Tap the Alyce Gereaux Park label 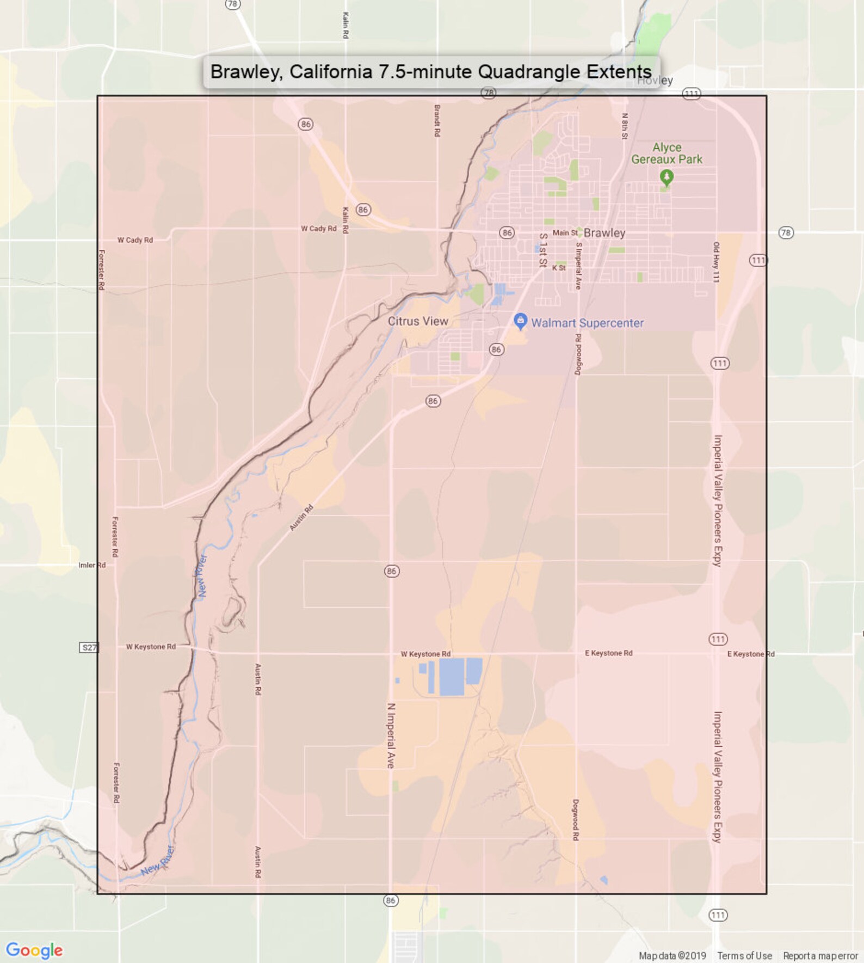[x=666, y=154]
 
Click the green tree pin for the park [x=666, y=177]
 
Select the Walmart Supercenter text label [x=587, y=323]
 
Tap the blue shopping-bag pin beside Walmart [x=520, y=321]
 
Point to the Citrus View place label [x=418, y=321]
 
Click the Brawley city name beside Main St [x=604, y=233]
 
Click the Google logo [x=34, y=950]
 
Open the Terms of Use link [x=744, y=956]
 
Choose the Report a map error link [x=820, y=956]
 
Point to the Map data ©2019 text [x=672, y=956]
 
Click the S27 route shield [x=89, y=647]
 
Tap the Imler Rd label [x=92, y=565]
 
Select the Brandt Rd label [x=437, y=120]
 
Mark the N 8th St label [x=625, y=126]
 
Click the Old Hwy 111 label [x=717, y=262]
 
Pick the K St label [x=559, y=268]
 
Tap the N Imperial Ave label [x=391, y=735]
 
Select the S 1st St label [x=542, y=250]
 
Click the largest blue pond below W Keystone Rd [x=451, y=676]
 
